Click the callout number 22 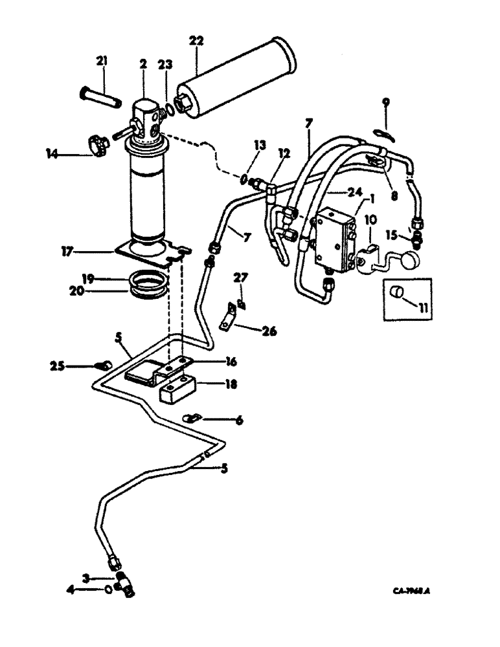(196, 41)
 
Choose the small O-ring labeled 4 (109, 589)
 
